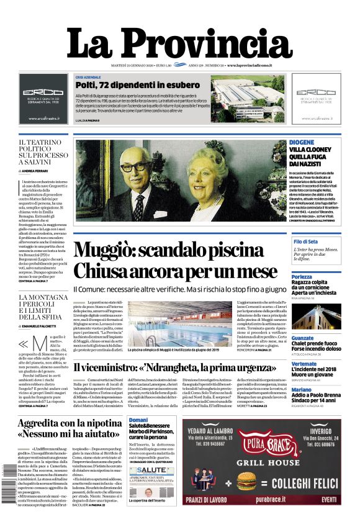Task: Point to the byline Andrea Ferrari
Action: click(37, 171)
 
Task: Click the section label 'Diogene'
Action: click(302, 142)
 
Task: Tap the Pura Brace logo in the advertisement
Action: click(261, 447)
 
